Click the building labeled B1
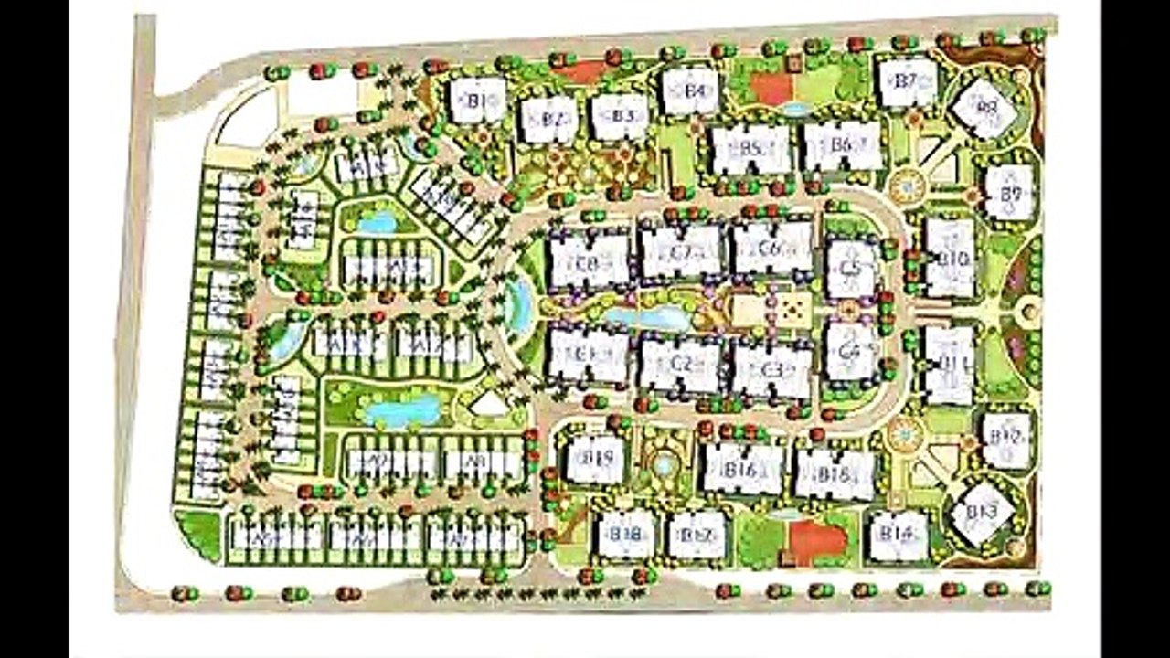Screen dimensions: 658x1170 [477, 101]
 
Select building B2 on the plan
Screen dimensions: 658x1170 [549, 120]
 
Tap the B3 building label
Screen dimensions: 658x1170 [621, 117]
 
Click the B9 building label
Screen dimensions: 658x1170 [1010, 193]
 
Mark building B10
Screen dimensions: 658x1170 [951, 259]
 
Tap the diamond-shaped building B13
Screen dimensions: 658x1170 [983, 513]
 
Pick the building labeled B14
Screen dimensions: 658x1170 [899, 536]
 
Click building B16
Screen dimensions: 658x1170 [743, 470]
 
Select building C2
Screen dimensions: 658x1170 [681, 363]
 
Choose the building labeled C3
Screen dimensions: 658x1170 [772, 369]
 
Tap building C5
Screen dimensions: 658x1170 [851, 269]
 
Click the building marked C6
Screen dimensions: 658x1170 [772, 248]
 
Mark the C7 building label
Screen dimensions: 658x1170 [681, 252]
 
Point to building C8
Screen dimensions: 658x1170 [590, 260]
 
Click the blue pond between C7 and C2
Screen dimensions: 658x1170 [648, 318]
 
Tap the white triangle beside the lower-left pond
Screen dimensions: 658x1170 [489, 404]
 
